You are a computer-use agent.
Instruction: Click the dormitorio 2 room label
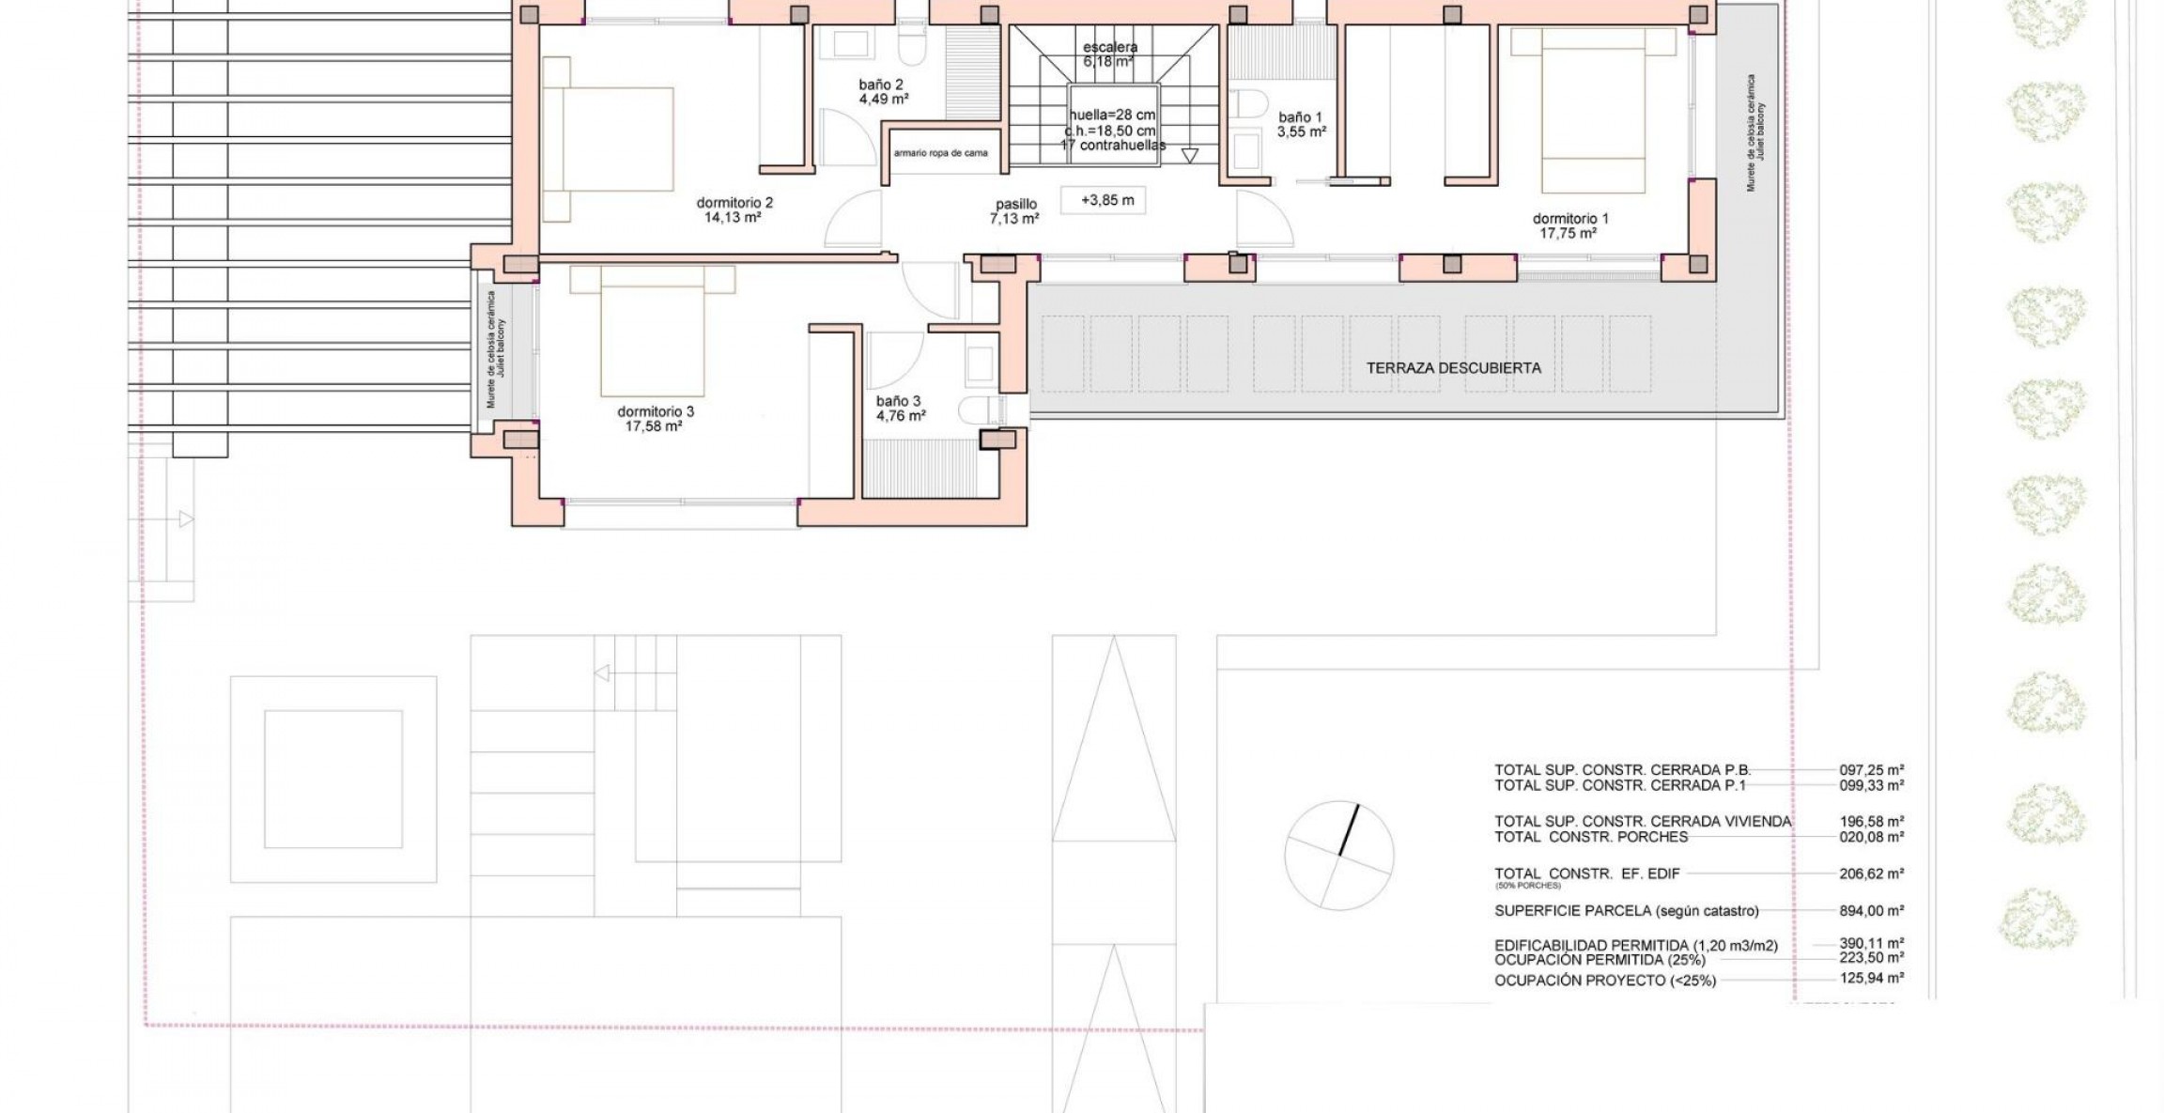[x=734, y=202]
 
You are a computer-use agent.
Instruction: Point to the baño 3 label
[x=898, y=401]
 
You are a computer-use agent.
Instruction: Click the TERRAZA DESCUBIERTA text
[x=1453, y=368]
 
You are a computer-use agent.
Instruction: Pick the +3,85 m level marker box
[x=1107, y=200]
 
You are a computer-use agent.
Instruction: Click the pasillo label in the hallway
[x=1016, y=204]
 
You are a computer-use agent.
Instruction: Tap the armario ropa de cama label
[x=940, y=153]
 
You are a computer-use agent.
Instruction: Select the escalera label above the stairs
[x=1110, y=47]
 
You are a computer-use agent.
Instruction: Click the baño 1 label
[x=1300, y=117]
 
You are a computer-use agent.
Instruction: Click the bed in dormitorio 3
[x=652, y=333]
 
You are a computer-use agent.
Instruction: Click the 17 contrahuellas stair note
[x=1112, y=146]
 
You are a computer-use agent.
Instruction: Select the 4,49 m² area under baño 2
[x=883, y=99]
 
